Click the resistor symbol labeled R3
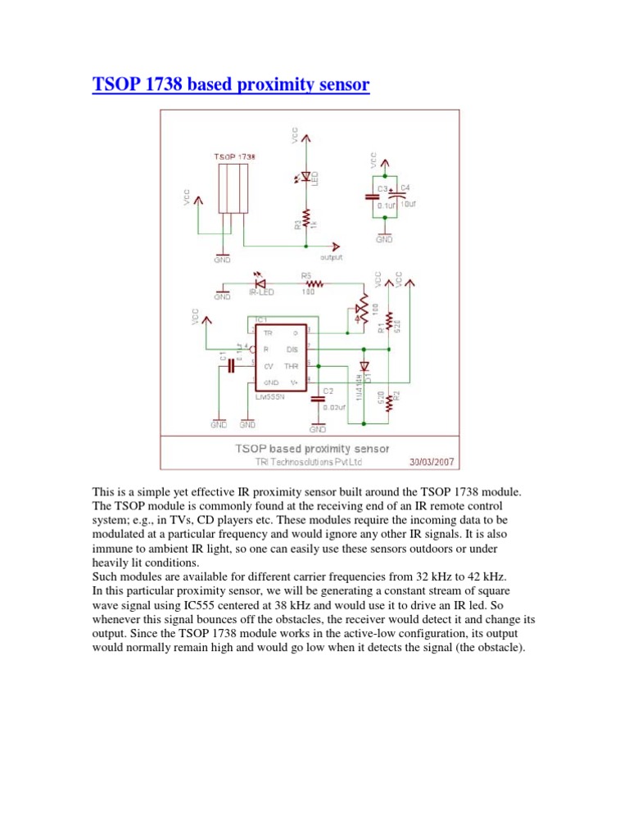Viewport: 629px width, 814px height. click(305, 219)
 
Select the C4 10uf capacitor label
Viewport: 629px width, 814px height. click(407, 197)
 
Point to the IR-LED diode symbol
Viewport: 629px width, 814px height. click(260, 278)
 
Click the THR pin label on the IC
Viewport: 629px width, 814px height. click(292, 366)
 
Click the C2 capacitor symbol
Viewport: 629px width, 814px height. click(318, 399)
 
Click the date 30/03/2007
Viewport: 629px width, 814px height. click(432, 461)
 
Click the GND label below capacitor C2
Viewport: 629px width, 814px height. click(318, 429)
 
